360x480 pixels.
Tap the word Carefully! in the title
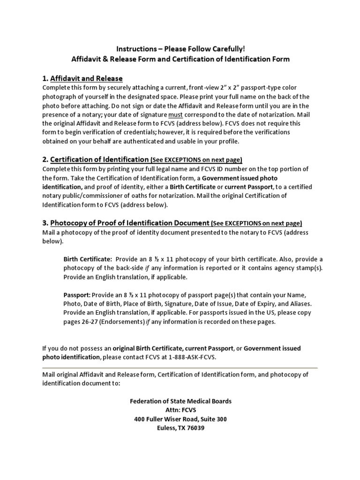[x=227, y=49]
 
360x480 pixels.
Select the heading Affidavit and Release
[x=86, y=78]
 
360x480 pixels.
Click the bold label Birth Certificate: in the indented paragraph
[x=88, y=259]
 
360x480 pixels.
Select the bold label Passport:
[x=77, y=295]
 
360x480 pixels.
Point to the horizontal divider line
[x=180, y=367]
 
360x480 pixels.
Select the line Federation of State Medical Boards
[x=180, y=401]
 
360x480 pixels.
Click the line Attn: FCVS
[x=180, y=410]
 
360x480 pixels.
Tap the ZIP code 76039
[x=195, y=428]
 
